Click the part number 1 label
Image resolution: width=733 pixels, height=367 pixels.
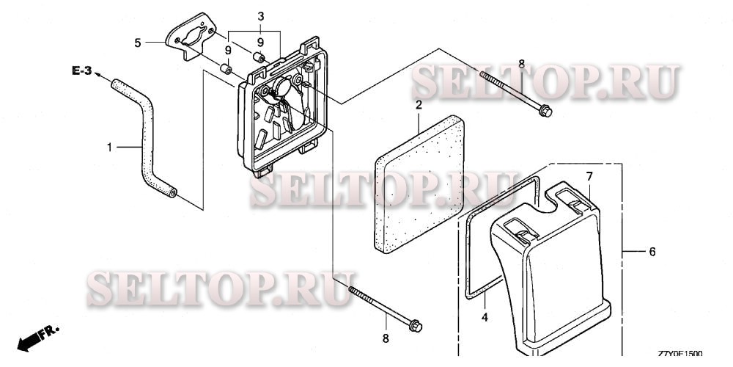[x=109, y=148]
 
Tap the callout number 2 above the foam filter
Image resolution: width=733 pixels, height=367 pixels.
[x=419, y=105]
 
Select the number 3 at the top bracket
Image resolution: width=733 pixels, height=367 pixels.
[x=261, y=16]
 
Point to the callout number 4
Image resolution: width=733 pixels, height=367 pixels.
[x=485, y=317]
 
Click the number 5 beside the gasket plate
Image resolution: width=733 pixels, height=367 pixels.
[x=138, y=43]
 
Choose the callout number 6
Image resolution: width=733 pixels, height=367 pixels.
[x=652, y=252]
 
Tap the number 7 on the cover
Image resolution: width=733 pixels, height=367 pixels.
[x=589, y=176]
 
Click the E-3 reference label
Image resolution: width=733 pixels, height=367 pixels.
[x=81, y=71]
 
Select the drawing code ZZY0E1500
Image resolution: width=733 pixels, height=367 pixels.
[x=680, y=354]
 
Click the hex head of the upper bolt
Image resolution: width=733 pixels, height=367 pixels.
[x=545, y=112]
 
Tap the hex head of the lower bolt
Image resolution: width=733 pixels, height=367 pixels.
[x=415, y=326]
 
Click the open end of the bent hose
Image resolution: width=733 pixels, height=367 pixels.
[x=172, y=192]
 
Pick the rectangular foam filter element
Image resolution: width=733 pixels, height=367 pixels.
[x=419, y=184]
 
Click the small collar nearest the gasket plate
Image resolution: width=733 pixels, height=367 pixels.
[x=226, y=69]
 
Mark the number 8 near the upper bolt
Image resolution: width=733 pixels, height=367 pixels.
[x=522, y=65]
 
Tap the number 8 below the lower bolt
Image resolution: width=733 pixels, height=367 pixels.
[x=386, y=338]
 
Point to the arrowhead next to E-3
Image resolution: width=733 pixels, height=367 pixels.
[x=98, y=75]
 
